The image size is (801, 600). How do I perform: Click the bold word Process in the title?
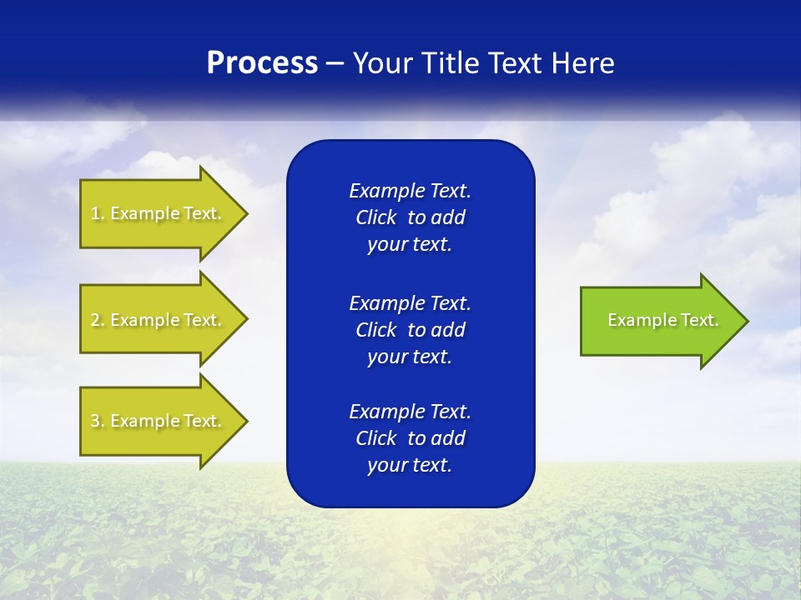[x=262, y=63]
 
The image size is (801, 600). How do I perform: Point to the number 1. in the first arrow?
[x=97, y=213]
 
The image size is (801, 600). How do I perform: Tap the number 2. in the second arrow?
[x=97, y=320]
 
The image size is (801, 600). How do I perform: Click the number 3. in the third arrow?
[x=97, y=421]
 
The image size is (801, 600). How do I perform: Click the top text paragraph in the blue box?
[x=410, y=217]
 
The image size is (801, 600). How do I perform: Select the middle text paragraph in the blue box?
[x=410, y=330]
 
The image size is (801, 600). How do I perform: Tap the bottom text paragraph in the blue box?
[x=410, y=438]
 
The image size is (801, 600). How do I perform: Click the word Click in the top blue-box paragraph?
[x=375, y=217]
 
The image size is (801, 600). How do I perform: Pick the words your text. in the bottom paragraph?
[x=410, y=465]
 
